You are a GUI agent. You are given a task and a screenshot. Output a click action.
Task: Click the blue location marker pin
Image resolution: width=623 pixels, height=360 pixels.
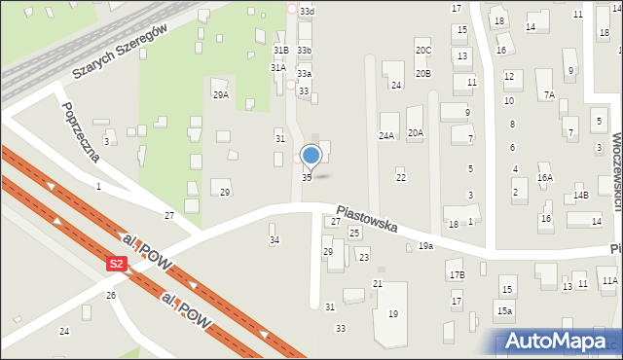pyautogui.click(x=311, y=155)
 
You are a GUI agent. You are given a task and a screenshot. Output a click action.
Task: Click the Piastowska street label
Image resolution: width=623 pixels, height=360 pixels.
pyautogui.click(x=367, y=217)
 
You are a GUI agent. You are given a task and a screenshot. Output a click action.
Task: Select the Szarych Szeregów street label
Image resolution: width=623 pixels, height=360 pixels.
pyautogui.click(x=121, y=54)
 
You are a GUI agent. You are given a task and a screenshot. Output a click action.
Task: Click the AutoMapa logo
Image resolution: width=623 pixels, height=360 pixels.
pyautogui.click(x=559, y=341)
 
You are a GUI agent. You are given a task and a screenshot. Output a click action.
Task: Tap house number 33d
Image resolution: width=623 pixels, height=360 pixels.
pyautogui.click(x=307, y=11)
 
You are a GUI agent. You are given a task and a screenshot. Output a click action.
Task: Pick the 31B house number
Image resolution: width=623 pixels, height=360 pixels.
pyautogui.click(x=280, y=50)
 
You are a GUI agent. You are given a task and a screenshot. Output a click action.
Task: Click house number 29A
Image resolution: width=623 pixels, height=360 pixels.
pyautogui.click(x=221, y=94)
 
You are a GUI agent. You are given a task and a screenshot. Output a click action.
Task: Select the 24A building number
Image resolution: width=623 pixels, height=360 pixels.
pyautogui.click(x=386, y=135)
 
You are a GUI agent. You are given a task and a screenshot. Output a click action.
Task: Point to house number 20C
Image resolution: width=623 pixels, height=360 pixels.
pyautogui.click(x=422, y=50)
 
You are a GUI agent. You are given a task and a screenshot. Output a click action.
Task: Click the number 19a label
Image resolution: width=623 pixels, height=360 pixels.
pyautogui.click(x=425, y=246)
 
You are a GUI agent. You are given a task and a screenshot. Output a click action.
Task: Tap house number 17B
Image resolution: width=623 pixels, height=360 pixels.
pyautogui.click(x=457, y=275)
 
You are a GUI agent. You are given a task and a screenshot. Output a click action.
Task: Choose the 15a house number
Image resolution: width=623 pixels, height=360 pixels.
pyautogui.click(x=503, y=310)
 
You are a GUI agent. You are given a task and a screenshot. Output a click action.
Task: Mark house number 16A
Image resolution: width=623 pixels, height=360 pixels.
pyautogui.click(x=545, y=178)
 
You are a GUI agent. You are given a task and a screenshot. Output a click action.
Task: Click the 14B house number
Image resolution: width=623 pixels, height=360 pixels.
pyautogui.click(x=581, y=196)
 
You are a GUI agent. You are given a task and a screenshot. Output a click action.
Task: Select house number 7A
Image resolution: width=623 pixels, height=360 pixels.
pyautogui.click(x=549, y=94)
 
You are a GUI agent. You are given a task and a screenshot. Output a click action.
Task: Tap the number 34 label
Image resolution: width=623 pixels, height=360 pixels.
pyautogui.click(x=275, y=239)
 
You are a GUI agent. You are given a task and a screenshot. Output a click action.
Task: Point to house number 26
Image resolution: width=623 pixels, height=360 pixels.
pyautogui.click(x=111, y=295)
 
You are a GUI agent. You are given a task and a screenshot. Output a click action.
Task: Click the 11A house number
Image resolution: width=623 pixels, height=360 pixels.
pyautogui.click(x=609, y=281)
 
